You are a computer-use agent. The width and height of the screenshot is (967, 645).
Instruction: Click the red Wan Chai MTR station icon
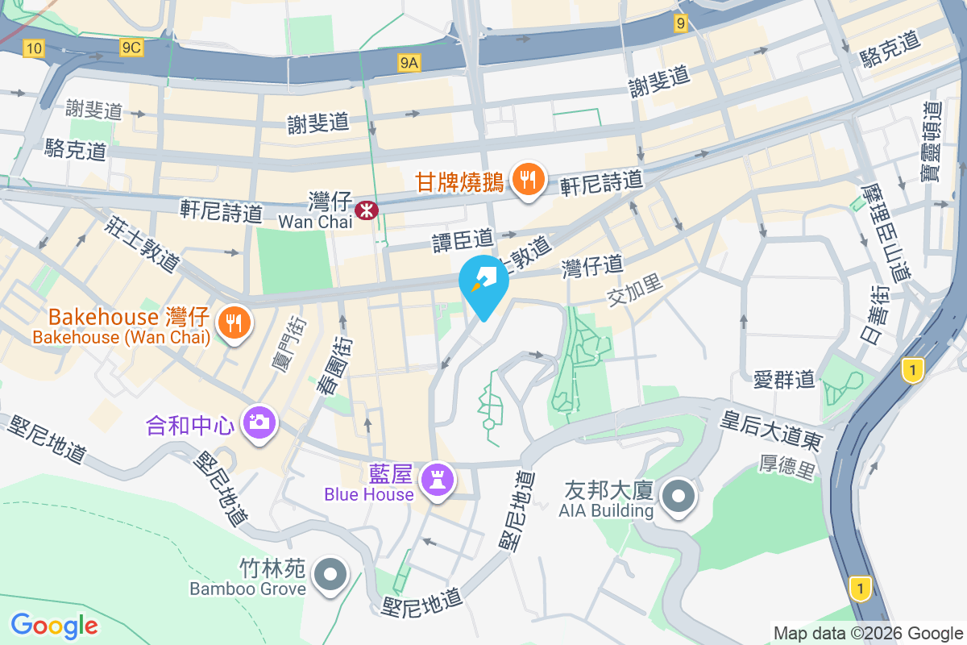(x=367, y=210)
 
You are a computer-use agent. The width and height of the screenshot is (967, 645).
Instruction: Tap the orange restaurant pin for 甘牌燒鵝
(x=528, y=180)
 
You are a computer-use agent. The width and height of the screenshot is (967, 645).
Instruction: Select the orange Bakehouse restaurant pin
(x=234, y=323)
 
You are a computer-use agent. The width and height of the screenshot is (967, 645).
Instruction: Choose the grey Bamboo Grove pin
(x=330, y=576)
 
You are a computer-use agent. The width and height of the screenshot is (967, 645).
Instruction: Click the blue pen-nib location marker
(x=483, y=282)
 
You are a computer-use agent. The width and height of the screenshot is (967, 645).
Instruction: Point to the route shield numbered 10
(x=33, y=49)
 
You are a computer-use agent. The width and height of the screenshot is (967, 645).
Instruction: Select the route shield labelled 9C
(x=131, y=48)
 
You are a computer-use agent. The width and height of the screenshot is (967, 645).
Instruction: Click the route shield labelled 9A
(x=409, y=61)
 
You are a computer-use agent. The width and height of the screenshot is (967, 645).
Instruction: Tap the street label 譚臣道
(x=463, y=239)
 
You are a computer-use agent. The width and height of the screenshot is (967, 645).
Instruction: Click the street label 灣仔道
(x=593, y=264)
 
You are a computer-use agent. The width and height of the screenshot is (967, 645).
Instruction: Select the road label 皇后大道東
(x=771, y=430)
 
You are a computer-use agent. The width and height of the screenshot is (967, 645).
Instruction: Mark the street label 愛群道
(x=784, y=379)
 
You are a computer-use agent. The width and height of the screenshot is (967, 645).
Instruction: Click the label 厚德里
(x=787, y=467)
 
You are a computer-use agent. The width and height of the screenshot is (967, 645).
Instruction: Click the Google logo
(x=54, y=625)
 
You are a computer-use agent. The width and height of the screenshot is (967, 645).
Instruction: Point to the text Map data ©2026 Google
(x=868, y=633)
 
